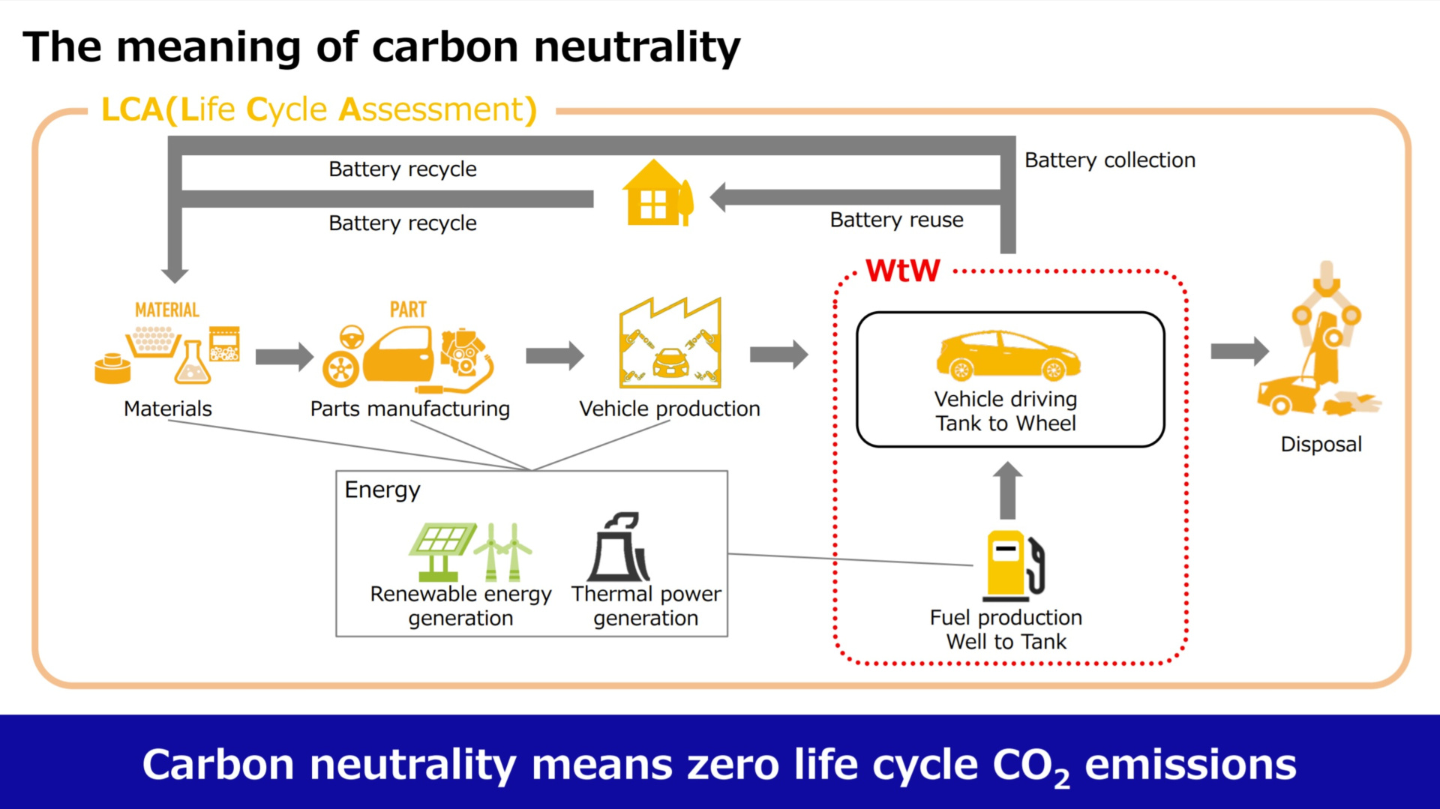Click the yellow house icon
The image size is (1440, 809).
pos(658,193)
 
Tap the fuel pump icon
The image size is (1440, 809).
pos(1015,565)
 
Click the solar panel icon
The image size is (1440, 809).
pos(442,551)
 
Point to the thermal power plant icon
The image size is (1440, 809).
pos(619,547)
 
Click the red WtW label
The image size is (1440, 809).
pos(902,271)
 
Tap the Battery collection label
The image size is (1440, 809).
pos(1110,160)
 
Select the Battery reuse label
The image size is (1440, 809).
pos(896,220)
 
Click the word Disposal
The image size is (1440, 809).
pos(1321,445)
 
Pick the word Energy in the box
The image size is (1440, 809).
pos(382,490)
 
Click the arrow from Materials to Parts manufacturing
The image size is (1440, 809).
pos(284,356)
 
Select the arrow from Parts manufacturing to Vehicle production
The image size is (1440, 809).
pos(555,355)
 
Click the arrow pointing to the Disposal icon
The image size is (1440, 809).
pos(1240,350)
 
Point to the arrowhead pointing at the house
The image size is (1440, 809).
pos(718,198)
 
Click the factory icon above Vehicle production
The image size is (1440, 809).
pos(670,343)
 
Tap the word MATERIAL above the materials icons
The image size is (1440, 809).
pos(166,310)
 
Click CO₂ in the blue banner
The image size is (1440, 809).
pos(1031,766)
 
